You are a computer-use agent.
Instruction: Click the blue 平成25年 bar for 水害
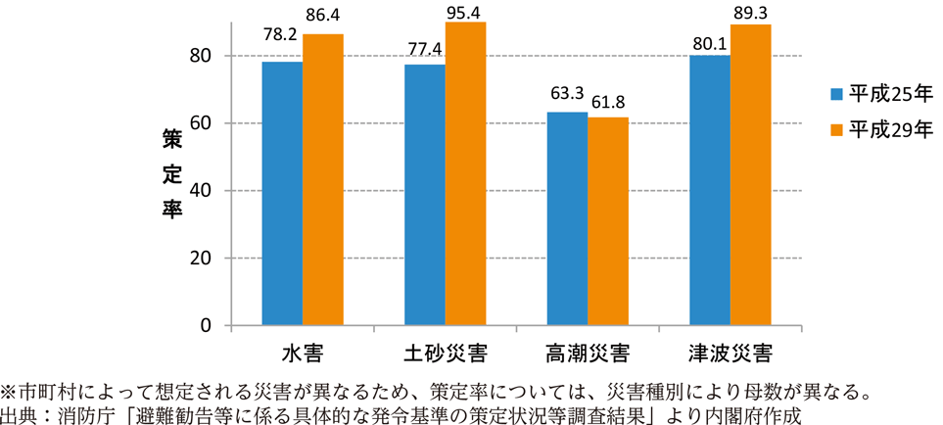282,194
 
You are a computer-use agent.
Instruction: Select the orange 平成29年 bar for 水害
323,180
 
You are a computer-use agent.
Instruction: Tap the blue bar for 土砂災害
425,195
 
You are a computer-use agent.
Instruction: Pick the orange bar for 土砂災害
466,173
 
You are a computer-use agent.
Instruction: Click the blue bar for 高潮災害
567,218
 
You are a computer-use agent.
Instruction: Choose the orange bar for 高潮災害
608,221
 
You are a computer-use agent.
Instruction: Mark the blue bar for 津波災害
710,190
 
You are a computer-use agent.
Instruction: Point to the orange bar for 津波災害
751,175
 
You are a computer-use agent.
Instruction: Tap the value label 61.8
608,103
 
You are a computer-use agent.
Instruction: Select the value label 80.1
710,41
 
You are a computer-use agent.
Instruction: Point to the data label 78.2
282,47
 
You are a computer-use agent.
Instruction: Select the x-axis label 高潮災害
588,351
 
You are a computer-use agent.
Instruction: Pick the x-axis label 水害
303,351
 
